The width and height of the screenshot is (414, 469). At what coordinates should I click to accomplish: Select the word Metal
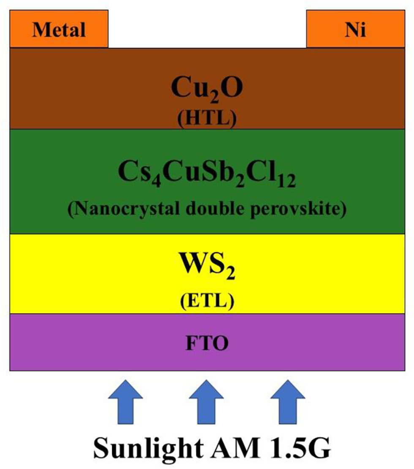59,30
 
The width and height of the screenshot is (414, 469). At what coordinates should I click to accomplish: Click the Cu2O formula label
207,89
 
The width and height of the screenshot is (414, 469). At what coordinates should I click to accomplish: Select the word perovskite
302,209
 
